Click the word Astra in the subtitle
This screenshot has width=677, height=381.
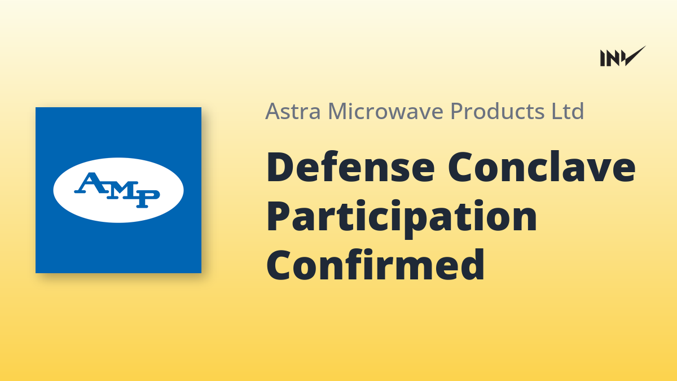[x=293, y=111]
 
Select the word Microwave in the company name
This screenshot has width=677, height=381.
[x=386, y=111]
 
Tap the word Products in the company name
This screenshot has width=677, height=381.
[x=498, y=111]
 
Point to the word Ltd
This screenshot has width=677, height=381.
[x=568, y=111]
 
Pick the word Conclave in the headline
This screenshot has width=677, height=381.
[x=542, y=167]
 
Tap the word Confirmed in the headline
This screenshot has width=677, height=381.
[x=376, y=264]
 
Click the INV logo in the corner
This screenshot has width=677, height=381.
[x=623, y=56]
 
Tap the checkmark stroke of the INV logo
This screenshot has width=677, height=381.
[x=634, y=56]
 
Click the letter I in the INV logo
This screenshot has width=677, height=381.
[x=603, y=58]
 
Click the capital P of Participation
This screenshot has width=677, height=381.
[x=278, y=216]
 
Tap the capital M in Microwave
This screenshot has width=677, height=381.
[x=338, y=111]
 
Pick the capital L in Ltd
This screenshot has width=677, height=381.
[x=557, y=111]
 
